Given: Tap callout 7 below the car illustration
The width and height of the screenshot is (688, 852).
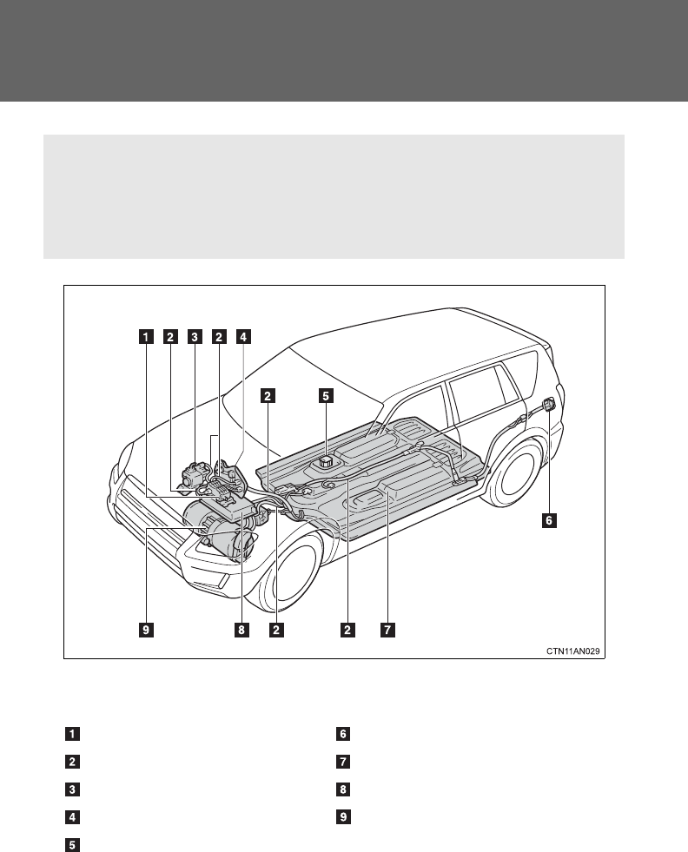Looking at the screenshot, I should point(387,630).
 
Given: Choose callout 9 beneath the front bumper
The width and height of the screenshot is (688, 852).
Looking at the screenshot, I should point(147,630).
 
